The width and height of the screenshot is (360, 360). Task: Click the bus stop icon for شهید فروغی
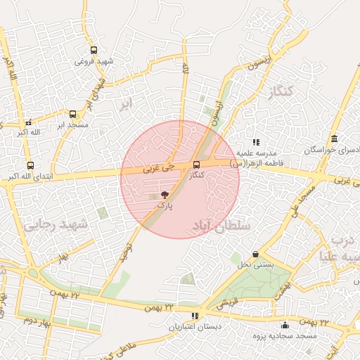point(94,50)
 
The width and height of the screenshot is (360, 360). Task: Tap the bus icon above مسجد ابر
point(72,114)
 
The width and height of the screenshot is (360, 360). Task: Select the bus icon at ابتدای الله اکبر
point(30,165)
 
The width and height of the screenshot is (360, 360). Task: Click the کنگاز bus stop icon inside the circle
point(195,165)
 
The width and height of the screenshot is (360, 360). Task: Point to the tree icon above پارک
point(165,194)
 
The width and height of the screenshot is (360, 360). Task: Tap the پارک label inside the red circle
point(163,205)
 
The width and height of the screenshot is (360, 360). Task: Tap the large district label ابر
point(125,104)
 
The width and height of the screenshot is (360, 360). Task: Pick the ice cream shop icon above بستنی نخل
point(255,254)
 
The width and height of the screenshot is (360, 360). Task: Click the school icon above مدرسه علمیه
point(256,142)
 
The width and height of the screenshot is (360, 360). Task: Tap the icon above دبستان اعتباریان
point(195,316)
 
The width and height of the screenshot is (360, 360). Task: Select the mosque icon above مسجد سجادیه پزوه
point(285,325)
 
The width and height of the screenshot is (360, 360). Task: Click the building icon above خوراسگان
point(334,139)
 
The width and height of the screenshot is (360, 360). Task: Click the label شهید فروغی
point(94,61)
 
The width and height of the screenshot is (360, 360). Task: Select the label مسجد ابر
point(72,124)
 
